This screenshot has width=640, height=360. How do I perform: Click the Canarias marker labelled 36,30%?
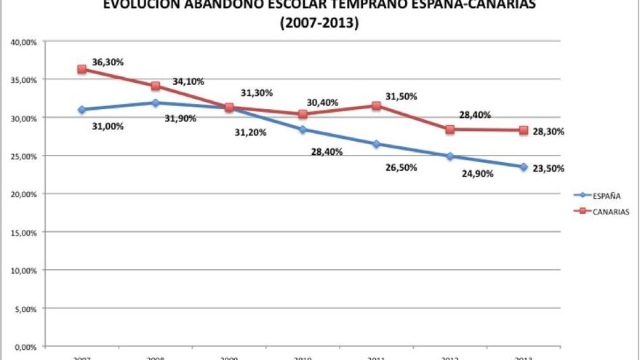[x=81, y=69]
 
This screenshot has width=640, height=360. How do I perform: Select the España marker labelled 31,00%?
[x=81, y=110]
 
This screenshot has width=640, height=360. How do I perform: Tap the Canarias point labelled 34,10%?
[x=155, y=86]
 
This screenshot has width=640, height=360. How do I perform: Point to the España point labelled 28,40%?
[x=303, y=129]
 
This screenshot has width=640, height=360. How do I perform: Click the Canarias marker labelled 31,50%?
[x=376, y=105]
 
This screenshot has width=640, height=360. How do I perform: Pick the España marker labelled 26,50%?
[x=376, y=144]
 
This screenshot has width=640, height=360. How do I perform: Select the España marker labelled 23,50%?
[x=523, y=167]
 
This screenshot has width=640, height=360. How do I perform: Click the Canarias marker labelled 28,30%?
[x=523, y=130]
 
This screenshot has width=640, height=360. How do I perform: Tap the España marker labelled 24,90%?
[x=449, y=156]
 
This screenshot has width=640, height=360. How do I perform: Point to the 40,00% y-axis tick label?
[x=24, y=41]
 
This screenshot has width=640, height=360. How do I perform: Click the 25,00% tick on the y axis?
[x=24, y=156]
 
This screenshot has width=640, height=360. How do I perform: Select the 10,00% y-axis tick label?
[x=24, y=270]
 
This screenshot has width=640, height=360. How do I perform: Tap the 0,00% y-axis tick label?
[x=26, y=346]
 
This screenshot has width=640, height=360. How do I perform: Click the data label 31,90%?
[x=180, y=118]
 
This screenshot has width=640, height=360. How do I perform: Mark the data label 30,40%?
[x=322, y=103]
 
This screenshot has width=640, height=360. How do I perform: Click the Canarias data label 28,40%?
[x=475, y=114]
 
